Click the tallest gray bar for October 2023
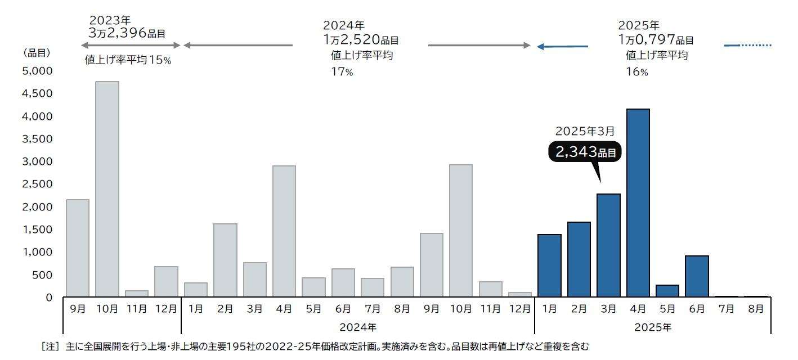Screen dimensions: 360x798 click(107, 189)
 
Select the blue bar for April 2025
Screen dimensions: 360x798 click(638, 202)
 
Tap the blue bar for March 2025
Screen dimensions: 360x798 click(608, 245)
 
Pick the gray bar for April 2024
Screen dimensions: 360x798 click(284, 231)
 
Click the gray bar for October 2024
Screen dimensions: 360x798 click(461, 231)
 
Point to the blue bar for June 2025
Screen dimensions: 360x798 click(697, 276)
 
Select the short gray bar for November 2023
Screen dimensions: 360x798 click(137, 294)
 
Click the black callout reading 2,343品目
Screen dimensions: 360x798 click(585, 152)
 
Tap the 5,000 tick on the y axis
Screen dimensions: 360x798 click(37, 71)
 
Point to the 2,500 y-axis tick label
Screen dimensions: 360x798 click(37, 184)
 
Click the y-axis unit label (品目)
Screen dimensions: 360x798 click(37, 53)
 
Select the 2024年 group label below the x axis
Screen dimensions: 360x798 click(358, 327)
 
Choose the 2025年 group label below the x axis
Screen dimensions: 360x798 click(653, 327)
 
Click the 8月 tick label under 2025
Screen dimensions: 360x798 click(756, 309)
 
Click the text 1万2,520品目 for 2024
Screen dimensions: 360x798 click(361, 40)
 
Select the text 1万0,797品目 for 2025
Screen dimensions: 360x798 click(656, 40)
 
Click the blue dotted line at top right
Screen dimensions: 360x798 click(756, 45)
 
